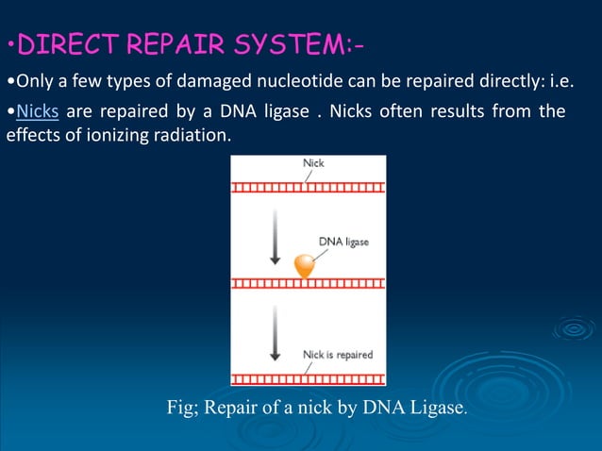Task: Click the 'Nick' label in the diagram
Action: [313, 163]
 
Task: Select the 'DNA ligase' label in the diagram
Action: [343, 242]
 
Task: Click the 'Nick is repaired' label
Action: [337, 355]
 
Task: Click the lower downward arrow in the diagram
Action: [275, 338]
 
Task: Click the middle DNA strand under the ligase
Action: [308, 283]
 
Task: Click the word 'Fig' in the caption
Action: [179, 409]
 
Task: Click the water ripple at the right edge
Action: [573, 329]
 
